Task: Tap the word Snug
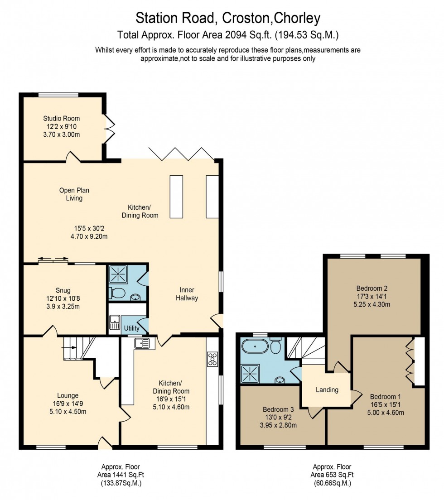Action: tap(63, 290)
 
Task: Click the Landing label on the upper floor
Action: tap(327, 389)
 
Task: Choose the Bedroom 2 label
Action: tap(372, 288)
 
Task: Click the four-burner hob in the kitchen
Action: tap(212, 359)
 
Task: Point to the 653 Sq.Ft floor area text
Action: tap(332, 475)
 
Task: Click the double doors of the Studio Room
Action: tap(109, 128)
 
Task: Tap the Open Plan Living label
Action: tap(74, 194)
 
